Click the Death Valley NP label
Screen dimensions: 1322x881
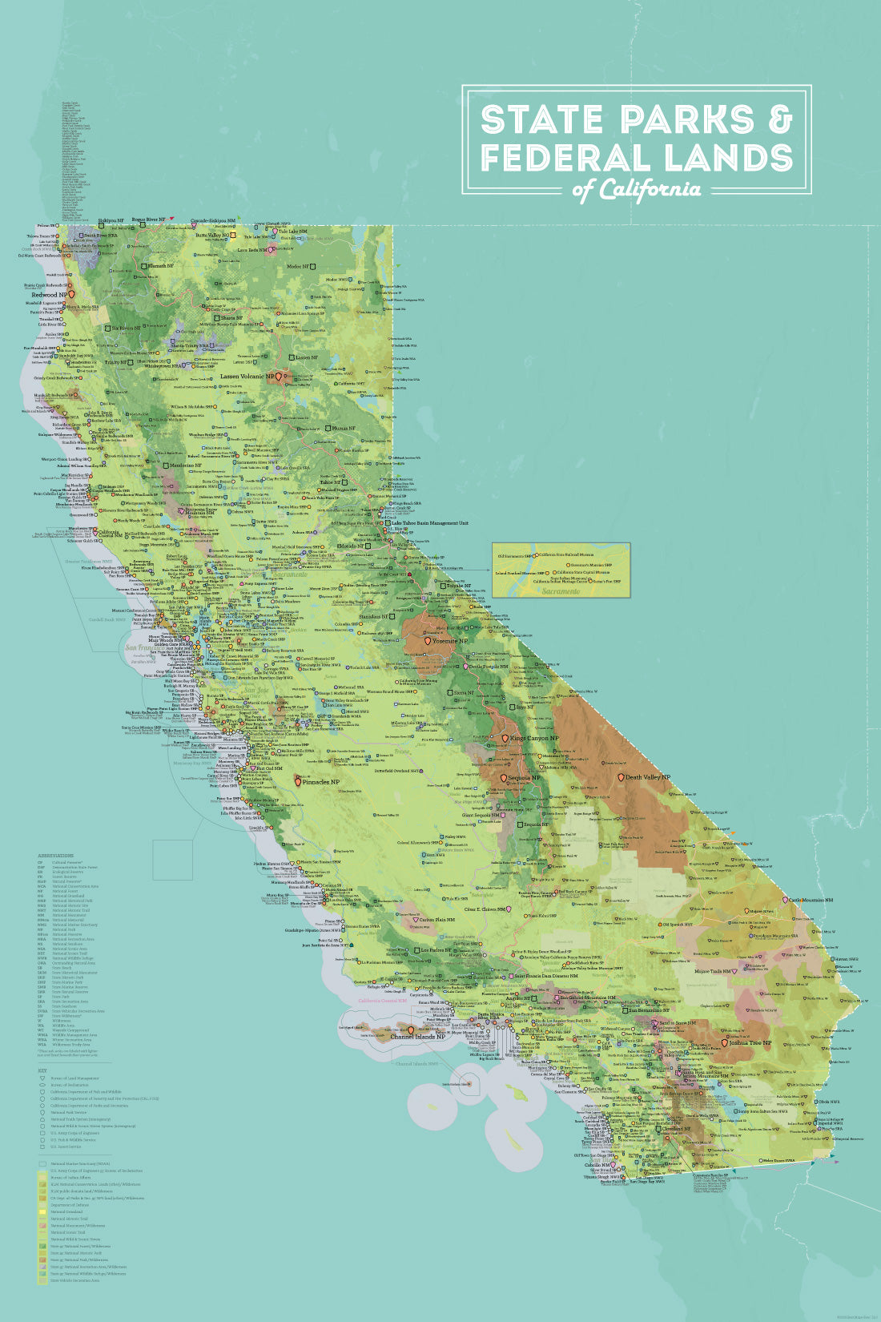pyautogui.click(x=648, y=777)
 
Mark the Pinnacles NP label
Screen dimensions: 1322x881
pyautogui.click(x=321, y=781)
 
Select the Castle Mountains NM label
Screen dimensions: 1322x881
pyautogui.click(x=807, y=901)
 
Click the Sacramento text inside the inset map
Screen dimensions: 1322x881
pyautogui.click(x=560, y=591)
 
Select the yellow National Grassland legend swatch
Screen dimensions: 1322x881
pyautogui.click(x=42, y=1211)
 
